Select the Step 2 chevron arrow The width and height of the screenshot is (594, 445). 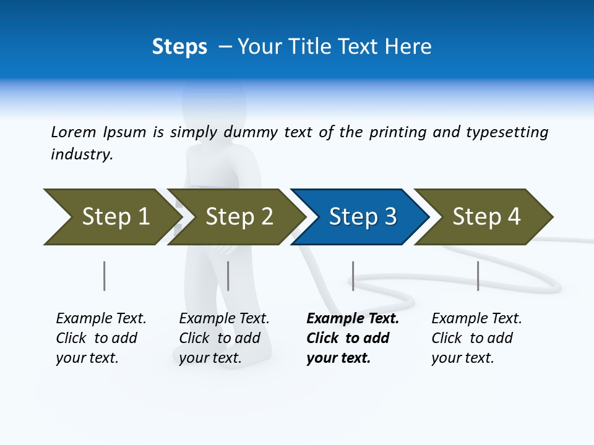[238, 217]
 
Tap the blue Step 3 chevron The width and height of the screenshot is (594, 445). [362, 217]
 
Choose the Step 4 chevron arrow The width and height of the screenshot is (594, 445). [486, 217]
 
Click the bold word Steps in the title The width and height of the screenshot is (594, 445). [179, 47]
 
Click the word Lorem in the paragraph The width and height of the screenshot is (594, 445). [73, 132]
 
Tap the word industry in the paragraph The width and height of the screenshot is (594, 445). [82, 155]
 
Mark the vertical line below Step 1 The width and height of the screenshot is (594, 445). [105, 276]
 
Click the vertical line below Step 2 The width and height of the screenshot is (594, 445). [228, 276]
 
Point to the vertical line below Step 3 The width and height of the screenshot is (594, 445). [353, 276]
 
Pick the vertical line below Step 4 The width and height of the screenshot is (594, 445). [478, 276]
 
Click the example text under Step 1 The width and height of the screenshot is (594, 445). [101, 338]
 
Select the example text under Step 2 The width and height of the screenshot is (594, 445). [224, 338]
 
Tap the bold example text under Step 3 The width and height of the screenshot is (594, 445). [353, 338]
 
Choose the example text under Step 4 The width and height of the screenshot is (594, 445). [476, 338]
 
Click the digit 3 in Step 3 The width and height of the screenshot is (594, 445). [389, 217]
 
